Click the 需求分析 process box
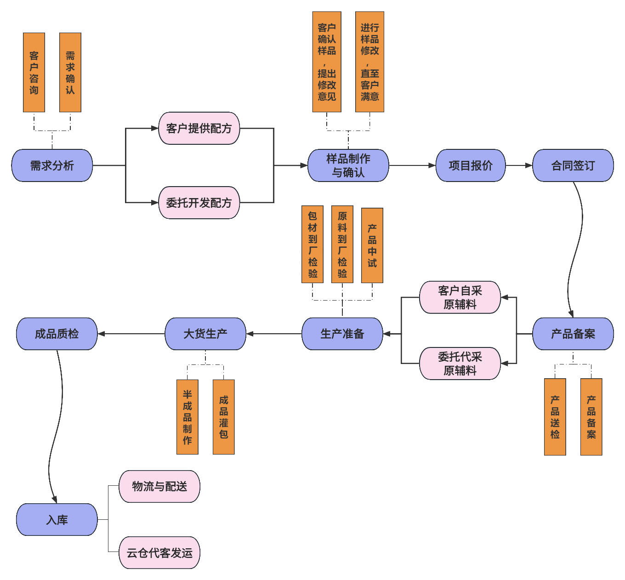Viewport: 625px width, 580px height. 52,165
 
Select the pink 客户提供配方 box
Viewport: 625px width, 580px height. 199,128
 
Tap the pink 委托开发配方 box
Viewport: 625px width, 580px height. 199,203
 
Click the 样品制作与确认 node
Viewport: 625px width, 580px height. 348,165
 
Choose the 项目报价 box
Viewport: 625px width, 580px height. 470,165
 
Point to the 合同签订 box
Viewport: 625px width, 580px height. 573,165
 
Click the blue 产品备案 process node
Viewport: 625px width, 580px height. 573,334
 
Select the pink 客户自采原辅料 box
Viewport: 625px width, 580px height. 460,297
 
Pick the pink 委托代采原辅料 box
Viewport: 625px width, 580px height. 460,364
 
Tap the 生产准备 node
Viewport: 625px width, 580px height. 342,334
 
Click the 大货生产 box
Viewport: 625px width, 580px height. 205,334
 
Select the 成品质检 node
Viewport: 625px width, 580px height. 57,334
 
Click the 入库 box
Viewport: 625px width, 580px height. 57,520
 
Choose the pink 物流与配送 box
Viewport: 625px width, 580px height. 159,486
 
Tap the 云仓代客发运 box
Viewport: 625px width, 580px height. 159,553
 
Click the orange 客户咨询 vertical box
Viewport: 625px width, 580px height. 34,73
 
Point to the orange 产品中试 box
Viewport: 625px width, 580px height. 372,245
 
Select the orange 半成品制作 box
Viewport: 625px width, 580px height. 187,417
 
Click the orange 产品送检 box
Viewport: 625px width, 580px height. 555,417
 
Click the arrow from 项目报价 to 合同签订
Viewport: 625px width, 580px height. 519,165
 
